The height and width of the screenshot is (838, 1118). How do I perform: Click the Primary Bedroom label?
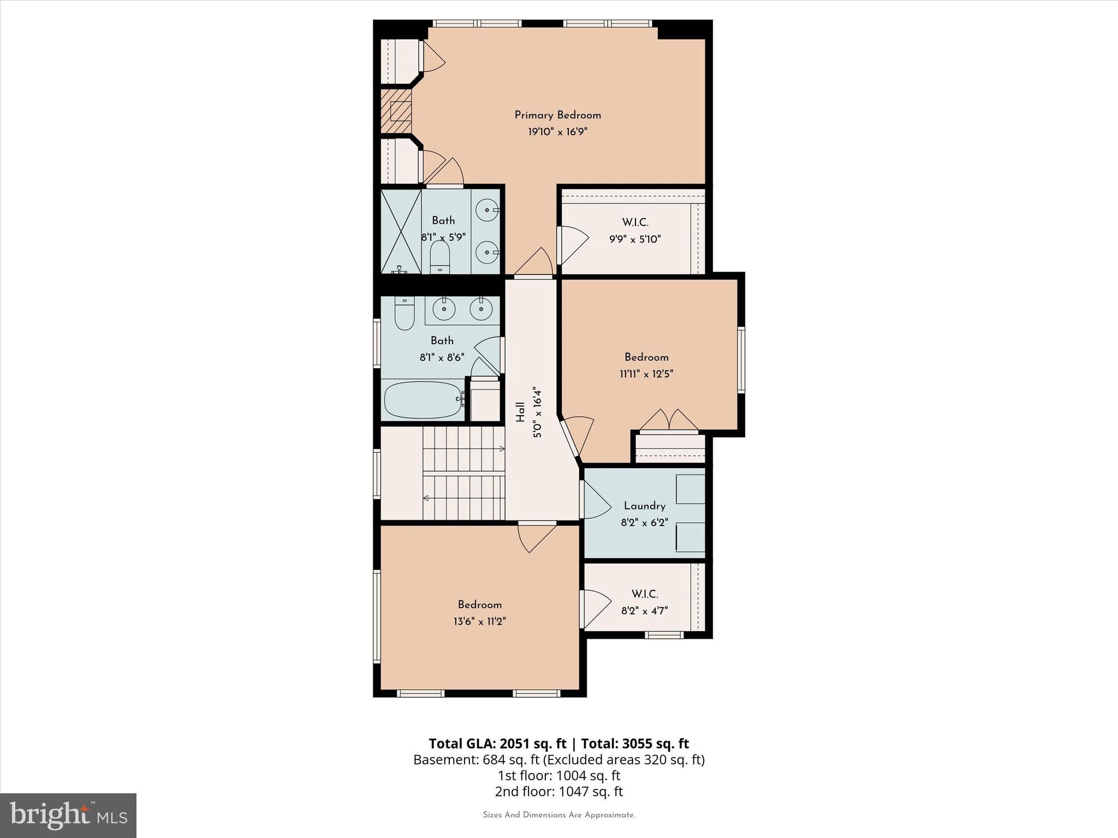pyautogui.click(x=557, y=115)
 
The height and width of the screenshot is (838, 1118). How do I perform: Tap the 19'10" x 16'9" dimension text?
pyautogui.click(x=557, y=132)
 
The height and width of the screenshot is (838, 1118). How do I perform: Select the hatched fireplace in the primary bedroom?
pyautogui.click(x=396, y=111)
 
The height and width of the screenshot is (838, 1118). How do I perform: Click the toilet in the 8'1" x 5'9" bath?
pyautogui.click(x=439, y=256)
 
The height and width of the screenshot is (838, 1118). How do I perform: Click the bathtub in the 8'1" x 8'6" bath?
pyautogui.click(x=423, y=400)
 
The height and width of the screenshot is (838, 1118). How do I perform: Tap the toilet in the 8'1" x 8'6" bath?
pyautogui.click(x=405, y=313)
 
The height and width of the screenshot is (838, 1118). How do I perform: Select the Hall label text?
pyautogui.click(x=520, y=412)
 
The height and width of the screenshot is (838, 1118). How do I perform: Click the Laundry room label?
pyautogui.click(x=644, y=506)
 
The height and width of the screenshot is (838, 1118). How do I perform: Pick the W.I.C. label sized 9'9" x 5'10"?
pyautogui.click(x=635, y=223)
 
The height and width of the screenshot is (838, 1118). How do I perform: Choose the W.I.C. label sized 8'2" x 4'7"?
pyautogui.click(x=644, y=594)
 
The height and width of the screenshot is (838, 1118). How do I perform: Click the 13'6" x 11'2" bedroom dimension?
pyautogui.click(x=479, y=621)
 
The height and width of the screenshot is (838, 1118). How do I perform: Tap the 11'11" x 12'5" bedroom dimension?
pyautogui.click(x=646, y=374)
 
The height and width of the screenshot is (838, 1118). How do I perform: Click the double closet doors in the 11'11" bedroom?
pyautogui.click(x=669, y=420)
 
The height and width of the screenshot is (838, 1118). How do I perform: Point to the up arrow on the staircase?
pyautogui.click(x=501, y=449)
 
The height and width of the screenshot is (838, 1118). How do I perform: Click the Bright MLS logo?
pyautogui.click(x=68, y=816)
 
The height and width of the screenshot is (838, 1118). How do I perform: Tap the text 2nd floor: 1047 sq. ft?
pyautogui.click(x=558, y=792)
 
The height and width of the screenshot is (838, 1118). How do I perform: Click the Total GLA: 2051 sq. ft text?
pyautogui.click(x=497, y=744)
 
